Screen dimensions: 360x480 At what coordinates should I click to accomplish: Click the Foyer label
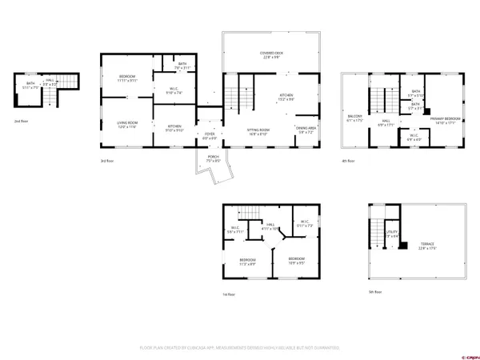(x=209, y=135)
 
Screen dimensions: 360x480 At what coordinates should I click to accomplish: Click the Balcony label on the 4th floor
(x=355, y=118)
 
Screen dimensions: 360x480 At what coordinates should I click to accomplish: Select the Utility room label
(x=392, y=234)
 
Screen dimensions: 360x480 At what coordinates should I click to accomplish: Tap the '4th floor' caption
(x=347, y=161)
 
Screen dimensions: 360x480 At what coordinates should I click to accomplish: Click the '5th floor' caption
(x=374, y=290)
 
